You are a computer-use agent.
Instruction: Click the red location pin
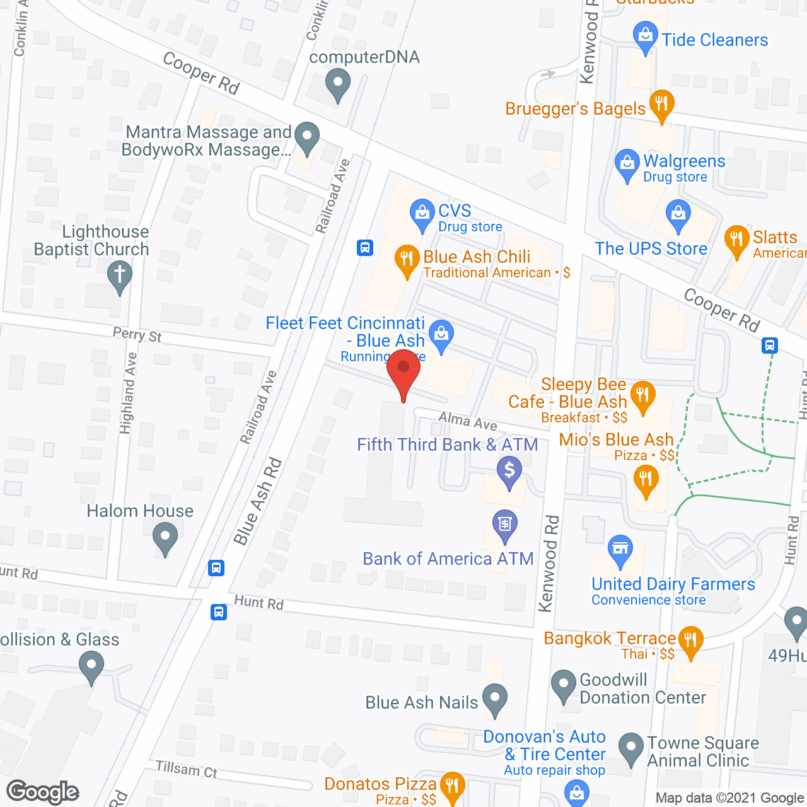pyautogui.click(x=403, y=372)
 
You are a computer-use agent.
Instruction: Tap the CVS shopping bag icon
pyautogui.click(x=422, y=214)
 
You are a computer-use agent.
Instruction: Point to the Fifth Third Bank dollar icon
pyautogui.click(x=509, y=471)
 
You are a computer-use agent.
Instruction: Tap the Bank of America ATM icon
pyautogui.click(x=504, y=525)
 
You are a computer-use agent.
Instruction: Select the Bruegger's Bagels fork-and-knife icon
pyautogui.click(x=661, y=104)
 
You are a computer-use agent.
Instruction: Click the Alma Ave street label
pyautogui.click(x=467, y=421)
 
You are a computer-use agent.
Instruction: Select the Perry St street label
pyautogui.click(x=137, y=335)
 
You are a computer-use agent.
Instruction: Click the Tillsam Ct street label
pyautogui.click(x=187, y=769)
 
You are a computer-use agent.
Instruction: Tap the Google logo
pyautogui.click(x=43, y=792)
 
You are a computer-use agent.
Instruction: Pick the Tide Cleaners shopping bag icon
pyautogui.click(x=645, y=37)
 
